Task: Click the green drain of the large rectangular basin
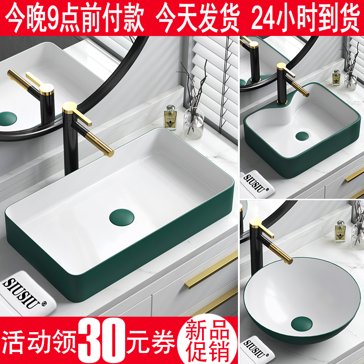point(119,214)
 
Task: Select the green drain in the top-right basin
point(302,136)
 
